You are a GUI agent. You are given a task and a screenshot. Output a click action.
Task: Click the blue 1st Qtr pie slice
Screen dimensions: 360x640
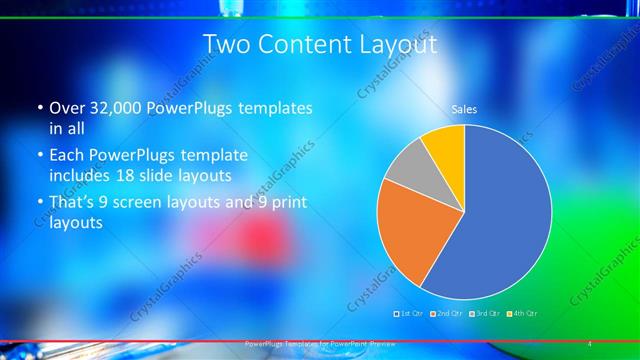[500, 210]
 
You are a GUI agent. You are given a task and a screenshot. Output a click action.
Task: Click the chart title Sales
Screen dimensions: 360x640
[464, 108]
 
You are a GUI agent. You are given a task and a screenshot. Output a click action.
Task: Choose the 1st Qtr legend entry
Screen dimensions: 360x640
[412, 314]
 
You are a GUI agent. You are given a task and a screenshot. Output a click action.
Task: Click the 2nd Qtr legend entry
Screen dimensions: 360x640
[445, 314]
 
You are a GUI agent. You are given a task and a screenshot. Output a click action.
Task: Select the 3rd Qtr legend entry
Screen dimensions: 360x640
[483, 314]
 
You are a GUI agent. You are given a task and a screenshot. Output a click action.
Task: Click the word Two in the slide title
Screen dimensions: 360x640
[226, 45]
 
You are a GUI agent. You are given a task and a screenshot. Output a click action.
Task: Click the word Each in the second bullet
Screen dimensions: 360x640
[67, 156]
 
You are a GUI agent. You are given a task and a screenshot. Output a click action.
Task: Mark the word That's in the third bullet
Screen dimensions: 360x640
[72, 204]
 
